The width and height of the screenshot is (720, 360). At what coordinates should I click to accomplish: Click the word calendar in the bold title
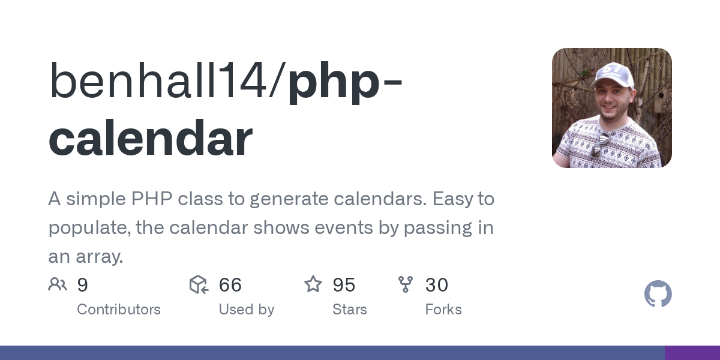(x=151, y=137)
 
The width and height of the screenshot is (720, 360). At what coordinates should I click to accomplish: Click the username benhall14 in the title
(x=158, y=80)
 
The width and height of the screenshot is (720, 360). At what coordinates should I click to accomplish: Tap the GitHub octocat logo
(x=658, y=294)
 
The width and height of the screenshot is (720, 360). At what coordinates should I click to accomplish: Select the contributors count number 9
(x=83, y=285)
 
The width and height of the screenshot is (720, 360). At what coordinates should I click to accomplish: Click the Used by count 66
(x=230, y=285)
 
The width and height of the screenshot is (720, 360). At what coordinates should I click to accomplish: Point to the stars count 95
(x=344, y=285)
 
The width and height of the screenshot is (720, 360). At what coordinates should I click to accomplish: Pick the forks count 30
(x=437, y=285)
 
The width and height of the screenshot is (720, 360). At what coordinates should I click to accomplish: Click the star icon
(x=313, y=284)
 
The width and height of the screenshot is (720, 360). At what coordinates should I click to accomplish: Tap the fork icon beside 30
(x=406, y=284)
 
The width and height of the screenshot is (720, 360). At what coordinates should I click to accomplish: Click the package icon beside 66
(x=199, y=284)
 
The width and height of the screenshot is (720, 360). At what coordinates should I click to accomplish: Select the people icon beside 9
(x=58, y=284)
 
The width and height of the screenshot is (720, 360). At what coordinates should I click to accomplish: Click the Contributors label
(x=119, y=310)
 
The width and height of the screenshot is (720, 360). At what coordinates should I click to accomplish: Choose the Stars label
(x=350, y=310)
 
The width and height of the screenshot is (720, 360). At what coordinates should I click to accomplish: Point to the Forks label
(x=443, y=310)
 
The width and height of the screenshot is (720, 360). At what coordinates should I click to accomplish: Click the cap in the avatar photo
(x=613, y=75)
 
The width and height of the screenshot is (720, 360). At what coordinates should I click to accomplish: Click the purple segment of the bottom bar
(x=692, y=353)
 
